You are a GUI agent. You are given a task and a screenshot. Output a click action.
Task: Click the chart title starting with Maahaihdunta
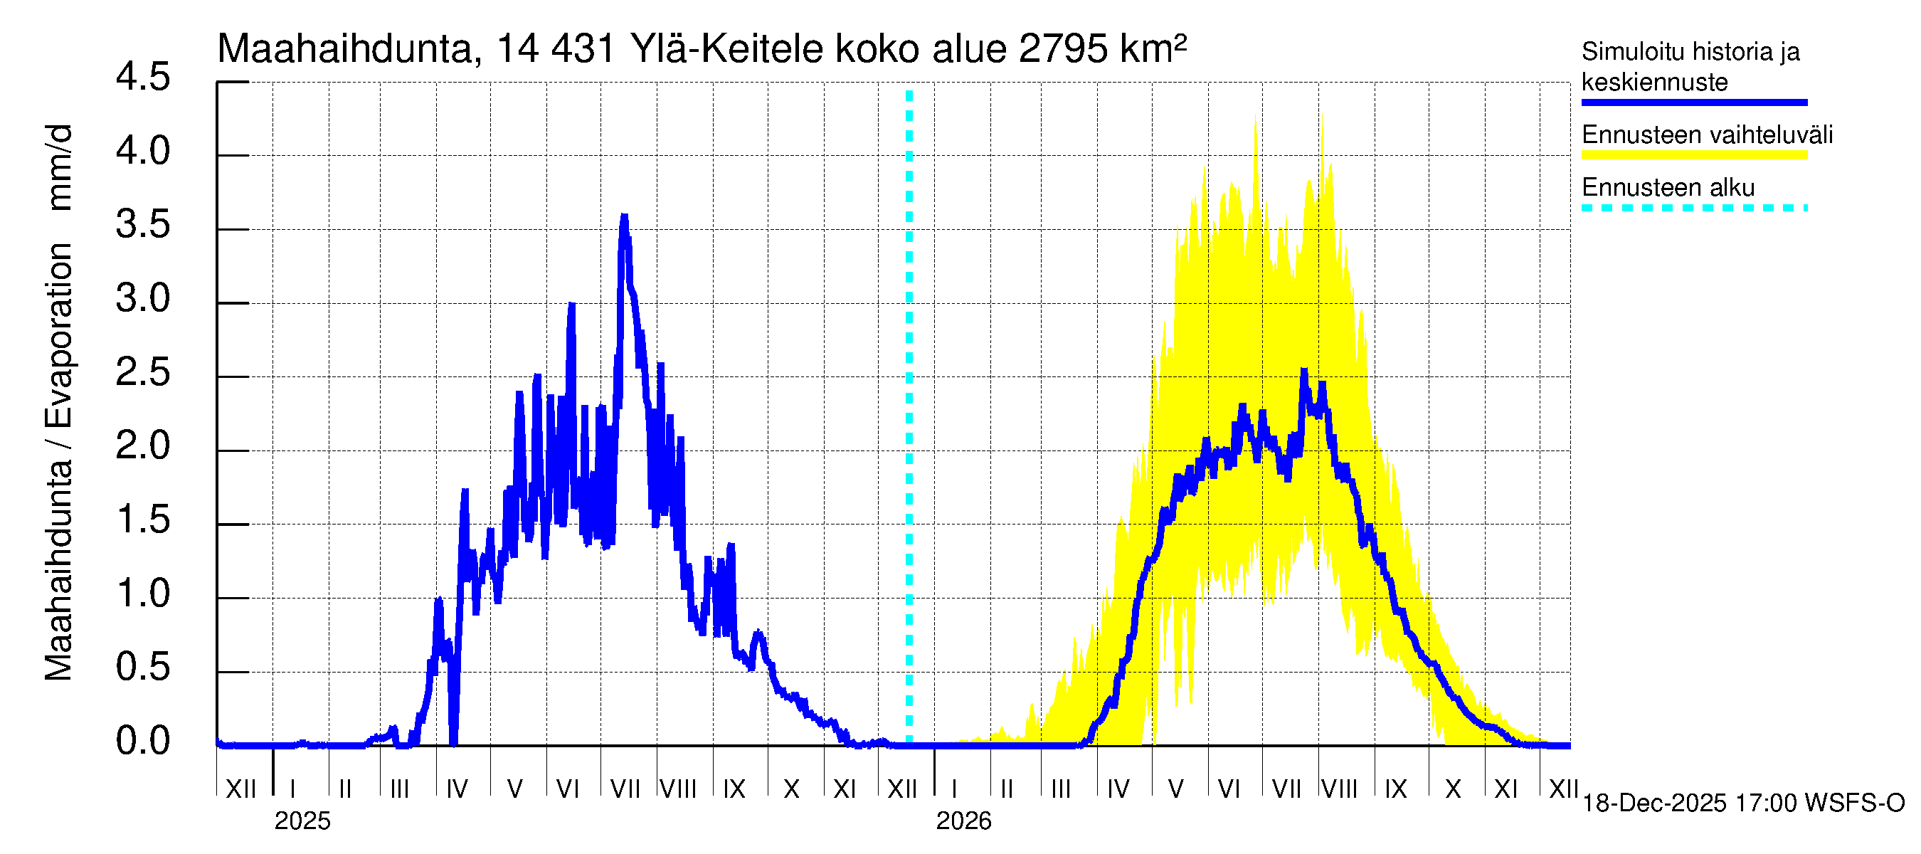[x=701, y=49]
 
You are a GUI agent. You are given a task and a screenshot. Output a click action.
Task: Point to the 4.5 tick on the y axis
[x=143, y=78]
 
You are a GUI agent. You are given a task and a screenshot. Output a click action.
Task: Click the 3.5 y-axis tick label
[x=143, y=226]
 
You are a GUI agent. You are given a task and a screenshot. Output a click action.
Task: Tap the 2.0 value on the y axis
[x=143, y=447]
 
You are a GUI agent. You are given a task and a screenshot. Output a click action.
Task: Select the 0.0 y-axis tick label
[x=143, y=742]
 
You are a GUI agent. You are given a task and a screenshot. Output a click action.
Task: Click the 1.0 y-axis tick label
[x=143, y=594]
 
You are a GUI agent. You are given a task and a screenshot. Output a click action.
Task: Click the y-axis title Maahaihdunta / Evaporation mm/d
[x=59, y=403]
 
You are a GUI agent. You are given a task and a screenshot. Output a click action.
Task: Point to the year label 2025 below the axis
[x=302, y=821]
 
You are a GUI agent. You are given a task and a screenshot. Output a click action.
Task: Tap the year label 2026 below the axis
[x=963, y=821]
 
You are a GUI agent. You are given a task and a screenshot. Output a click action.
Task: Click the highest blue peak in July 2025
[x=624, y=217]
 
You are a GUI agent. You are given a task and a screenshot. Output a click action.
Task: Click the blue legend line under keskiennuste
[x=1693, y=102]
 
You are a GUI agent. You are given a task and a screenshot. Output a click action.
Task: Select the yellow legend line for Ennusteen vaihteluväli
[x=1693, y=155]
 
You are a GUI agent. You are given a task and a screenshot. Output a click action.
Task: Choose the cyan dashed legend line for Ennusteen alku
[x=1693, y=208]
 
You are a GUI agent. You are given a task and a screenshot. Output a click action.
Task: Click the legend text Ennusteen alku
[x=1668, y=187]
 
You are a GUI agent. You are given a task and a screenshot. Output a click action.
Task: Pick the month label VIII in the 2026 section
[x=1339, y=789]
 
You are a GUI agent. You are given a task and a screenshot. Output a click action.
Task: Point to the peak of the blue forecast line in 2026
[x=1304, y=371]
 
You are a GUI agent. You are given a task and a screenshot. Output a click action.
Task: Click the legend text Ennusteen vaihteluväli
[x=1707, y=135]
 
